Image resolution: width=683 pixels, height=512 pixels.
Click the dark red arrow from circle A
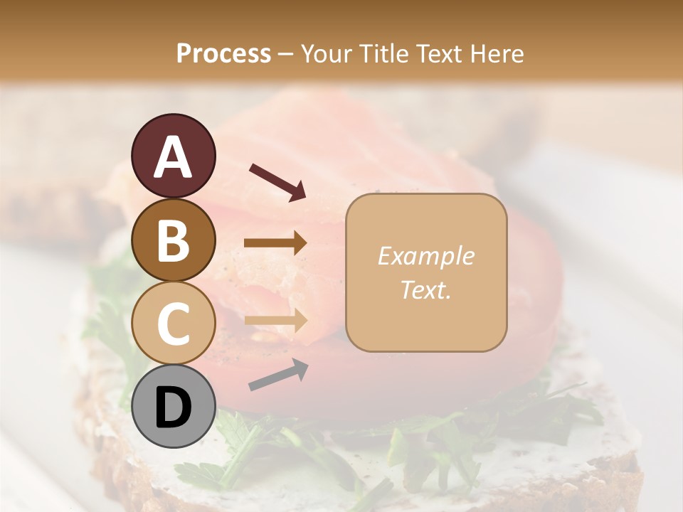tap(277, 181)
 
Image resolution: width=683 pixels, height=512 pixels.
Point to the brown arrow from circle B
tap(275, 243)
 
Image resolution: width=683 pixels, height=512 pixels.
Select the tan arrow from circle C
tap(275, 320)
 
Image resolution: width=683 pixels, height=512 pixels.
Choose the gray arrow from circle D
tap(278, 375)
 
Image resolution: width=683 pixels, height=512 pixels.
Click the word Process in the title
tap(223, 54)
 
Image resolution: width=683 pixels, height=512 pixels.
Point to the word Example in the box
tap(425, 256)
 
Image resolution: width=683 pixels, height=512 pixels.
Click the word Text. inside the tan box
tap(425, 289)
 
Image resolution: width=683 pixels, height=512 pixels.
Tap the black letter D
tap(174, 407)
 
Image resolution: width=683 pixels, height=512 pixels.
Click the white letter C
tap(174, 324)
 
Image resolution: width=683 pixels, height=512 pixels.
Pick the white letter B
tap(174, 240)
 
